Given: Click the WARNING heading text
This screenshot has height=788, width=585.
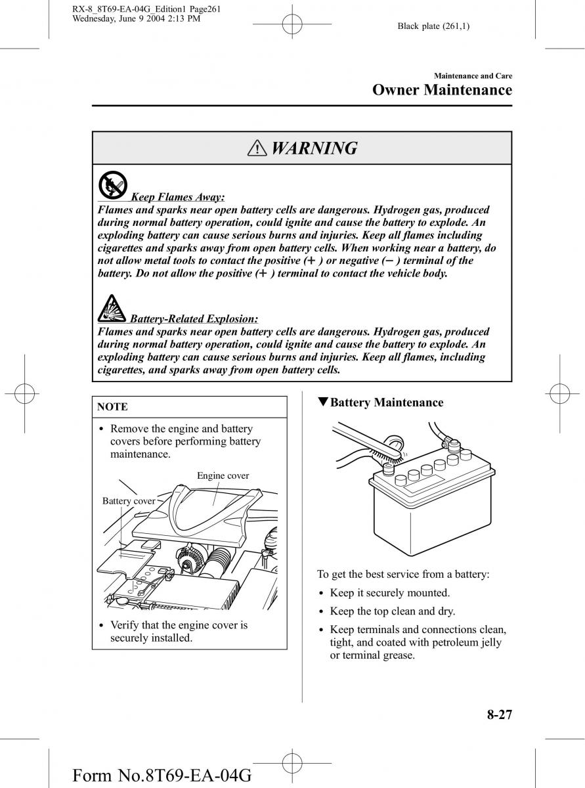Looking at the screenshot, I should (314, 148).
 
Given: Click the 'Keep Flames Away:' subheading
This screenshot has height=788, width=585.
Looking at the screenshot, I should (178, 197).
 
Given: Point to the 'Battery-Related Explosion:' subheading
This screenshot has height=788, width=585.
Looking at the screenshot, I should (194, 319).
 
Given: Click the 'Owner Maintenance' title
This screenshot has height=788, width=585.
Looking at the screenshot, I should (442, 90).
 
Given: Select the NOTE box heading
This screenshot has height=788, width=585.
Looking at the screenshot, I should (112, 407).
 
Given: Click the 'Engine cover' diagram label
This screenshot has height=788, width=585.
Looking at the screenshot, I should (223, 475).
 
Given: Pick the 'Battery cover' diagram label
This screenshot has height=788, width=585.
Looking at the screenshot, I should (129, 501).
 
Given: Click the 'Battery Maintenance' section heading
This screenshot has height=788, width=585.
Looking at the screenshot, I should (386, 403).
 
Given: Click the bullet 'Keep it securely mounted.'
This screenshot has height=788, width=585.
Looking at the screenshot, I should (389, 593).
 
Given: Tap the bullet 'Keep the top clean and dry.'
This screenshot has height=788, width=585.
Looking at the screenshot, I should (392, 611).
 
